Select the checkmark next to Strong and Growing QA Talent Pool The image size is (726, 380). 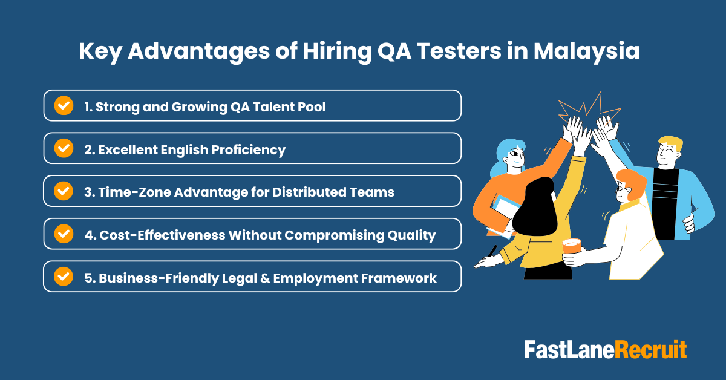(x=64, y=105)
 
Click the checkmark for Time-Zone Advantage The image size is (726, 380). (x=64, y=191)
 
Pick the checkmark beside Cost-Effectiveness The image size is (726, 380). (x=64, y=234)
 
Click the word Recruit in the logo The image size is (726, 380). (x=651, y=350)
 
